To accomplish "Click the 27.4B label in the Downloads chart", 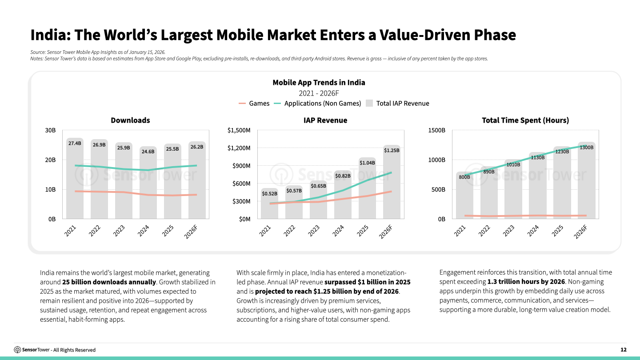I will click(75, 143).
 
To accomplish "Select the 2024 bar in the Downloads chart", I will click(148, 187).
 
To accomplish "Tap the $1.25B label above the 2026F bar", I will click(392, 150).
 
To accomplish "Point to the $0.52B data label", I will click(269, 193).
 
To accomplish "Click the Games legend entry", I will click(254, 104).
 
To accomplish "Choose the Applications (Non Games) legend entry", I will click(316, 104).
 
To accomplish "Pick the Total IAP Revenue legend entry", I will click(397, 104).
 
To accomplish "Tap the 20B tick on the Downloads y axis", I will click(50, 160).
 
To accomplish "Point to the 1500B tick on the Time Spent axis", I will click(436, 130).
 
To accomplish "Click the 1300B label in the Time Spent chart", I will click(586, 147).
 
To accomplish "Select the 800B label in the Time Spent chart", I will click(464, 177).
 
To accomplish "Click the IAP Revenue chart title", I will click(325, 120).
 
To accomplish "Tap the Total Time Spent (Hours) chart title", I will click(525, 120).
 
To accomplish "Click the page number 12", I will click(623, 350).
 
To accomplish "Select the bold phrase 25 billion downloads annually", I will click(109, 282).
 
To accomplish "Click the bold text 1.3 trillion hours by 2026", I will click(526, 282).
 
